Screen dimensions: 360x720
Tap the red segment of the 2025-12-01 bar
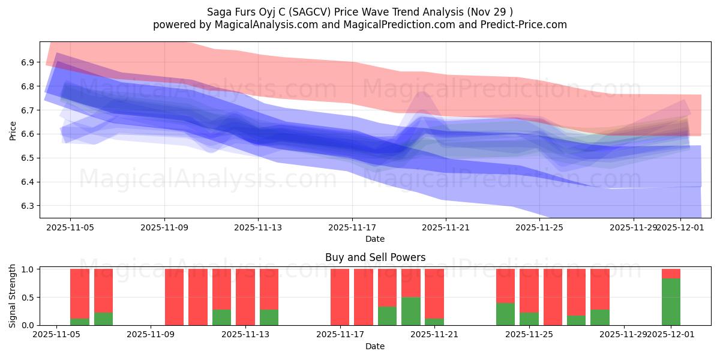point(671,274)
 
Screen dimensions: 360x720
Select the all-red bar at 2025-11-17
point(340,297)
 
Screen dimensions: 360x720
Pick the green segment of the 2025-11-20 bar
point(411,311)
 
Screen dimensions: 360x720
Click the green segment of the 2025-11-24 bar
point(505,314)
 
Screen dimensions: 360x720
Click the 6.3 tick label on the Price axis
point(26,206)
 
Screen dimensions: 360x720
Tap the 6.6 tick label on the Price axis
point(26,134)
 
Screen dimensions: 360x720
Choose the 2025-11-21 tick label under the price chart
point(446,228)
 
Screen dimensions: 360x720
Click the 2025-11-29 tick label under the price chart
point(632,228)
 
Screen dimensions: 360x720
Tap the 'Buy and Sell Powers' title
point(375,257)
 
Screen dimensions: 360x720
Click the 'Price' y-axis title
point(13,130)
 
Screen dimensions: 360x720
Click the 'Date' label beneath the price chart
point(375,239)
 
